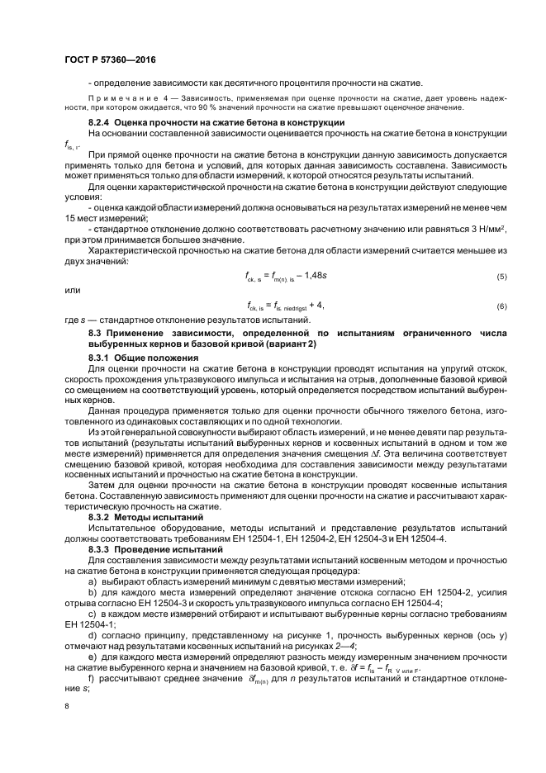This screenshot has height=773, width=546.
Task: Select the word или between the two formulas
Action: coord(72,289)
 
